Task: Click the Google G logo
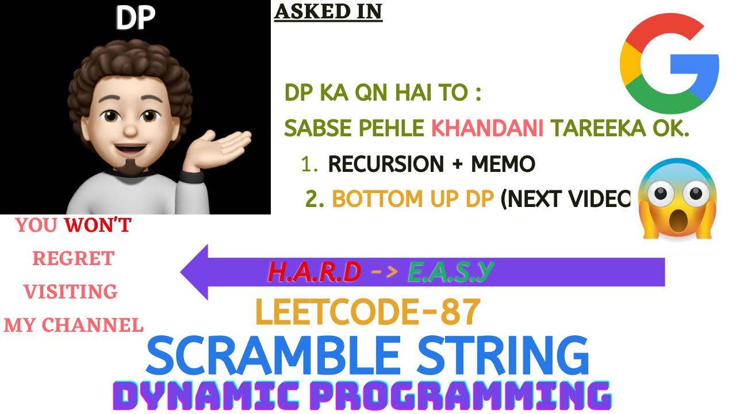click(669, 64)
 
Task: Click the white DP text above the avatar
click(135, 19)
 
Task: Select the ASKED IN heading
click(328, 11)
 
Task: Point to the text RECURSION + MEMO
click(431, 165)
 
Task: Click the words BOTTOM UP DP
click(413, 198)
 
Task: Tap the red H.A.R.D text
click(315, 273)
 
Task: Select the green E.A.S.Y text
click(451, 273)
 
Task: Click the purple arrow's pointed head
click(195, 272)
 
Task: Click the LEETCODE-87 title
click(367, 312)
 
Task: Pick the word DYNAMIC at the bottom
click(216, 396)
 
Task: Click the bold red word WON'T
click(98, 226)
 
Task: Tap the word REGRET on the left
click(73, 259)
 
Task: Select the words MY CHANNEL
click(74, 325)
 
